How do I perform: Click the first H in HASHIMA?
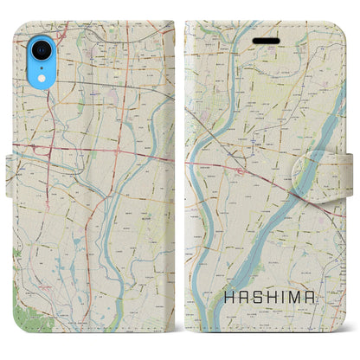point(222,301)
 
